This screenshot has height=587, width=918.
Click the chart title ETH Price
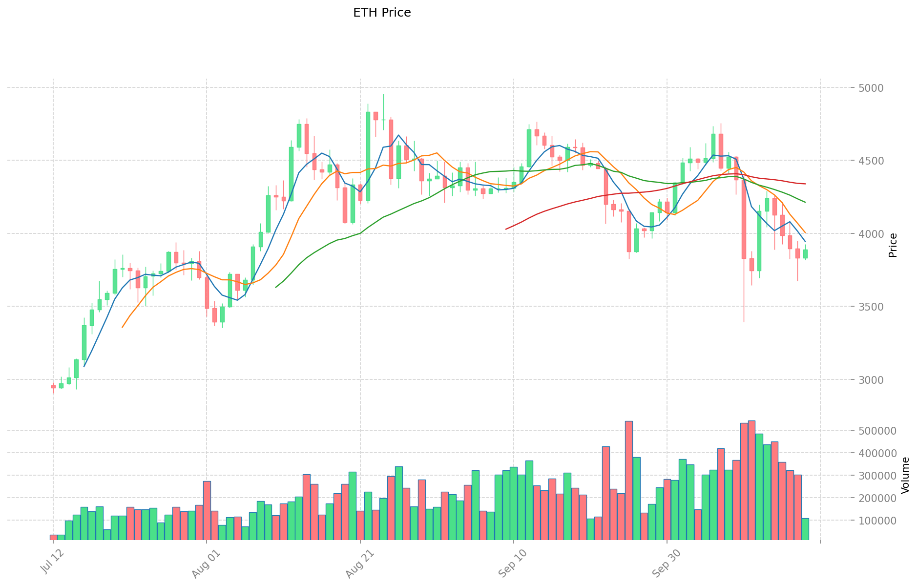point(382,13)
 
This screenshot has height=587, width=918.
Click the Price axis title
point(893,245)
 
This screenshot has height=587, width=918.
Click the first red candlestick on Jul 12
point(53,387)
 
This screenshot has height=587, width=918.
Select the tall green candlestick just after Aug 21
point(368,156)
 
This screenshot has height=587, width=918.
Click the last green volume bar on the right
point(805,529)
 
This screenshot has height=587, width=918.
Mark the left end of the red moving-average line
point(506,229)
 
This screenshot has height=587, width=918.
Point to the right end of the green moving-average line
point(805,202)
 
